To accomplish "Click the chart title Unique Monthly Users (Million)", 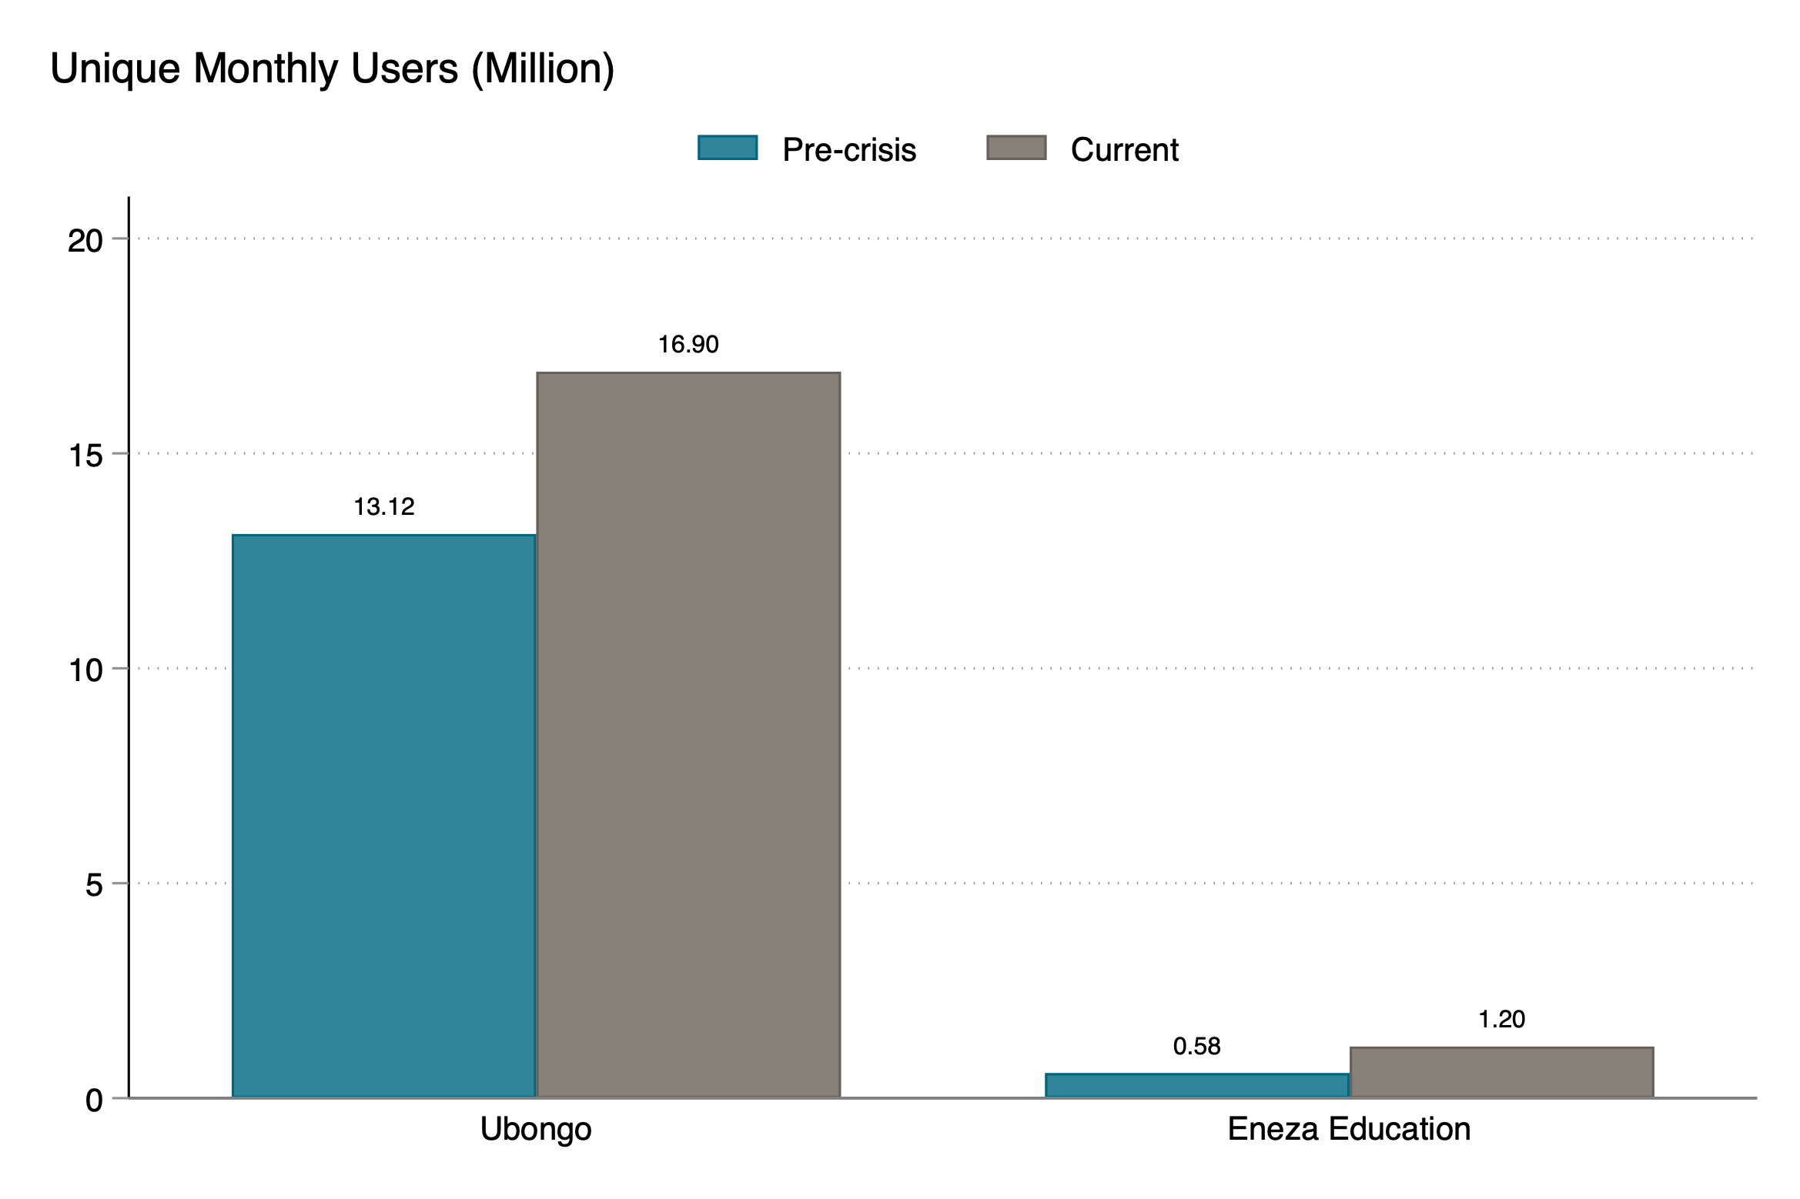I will (332, 69).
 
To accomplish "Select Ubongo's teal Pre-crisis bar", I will (383, 816).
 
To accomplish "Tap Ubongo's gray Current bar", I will (688, 735).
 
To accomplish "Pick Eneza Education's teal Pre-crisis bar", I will (1196, 1085).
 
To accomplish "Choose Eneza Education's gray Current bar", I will (1501, 1072).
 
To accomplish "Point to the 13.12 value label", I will (383, 506).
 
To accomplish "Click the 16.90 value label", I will (688, 344).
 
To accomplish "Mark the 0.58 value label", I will (1196, 1046).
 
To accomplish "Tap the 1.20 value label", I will (1501, 1019).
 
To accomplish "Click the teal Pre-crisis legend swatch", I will (728, 148).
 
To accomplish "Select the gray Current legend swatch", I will (1016, 148).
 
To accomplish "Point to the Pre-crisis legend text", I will (849, 150).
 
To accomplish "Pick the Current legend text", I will (1124, 150).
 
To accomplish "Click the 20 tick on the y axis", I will (85, 241).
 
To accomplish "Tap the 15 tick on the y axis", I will (85, 456).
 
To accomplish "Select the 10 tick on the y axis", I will (85, 670).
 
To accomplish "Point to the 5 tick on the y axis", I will (94, 885).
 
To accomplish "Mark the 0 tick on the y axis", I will (94, 1100).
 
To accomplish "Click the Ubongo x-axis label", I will (536, 1129).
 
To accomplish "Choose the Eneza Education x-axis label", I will (1349, 1129).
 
